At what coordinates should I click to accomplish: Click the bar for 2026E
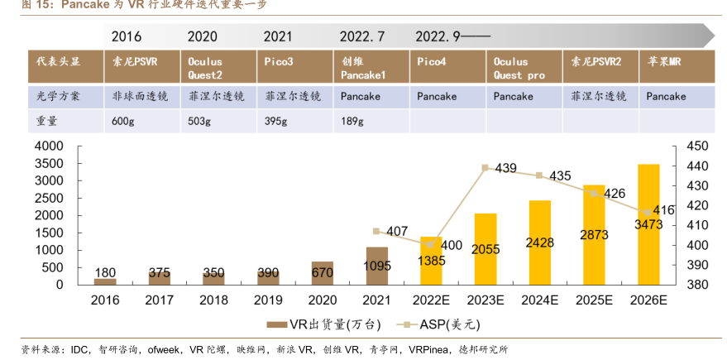(x=648, y=224)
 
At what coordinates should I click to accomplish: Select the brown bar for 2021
(x=377, y=266)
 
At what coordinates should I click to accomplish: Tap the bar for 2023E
(x=485, y=248)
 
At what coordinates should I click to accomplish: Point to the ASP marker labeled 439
(x=485, y=168)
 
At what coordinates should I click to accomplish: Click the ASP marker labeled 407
(x=377, y=231)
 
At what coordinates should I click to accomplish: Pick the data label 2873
(x=594, y=235)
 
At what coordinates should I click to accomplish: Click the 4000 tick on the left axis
(x=48, y=146)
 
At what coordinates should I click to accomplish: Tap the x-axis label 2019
(x=267, y=300)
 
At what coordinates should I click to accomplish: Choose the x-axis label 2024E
(x=539, y=300)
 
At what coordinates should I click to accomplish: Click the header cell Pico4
(x=432, y=61)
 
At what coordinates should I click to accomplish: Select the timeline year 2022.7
(x=362, y=36)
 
